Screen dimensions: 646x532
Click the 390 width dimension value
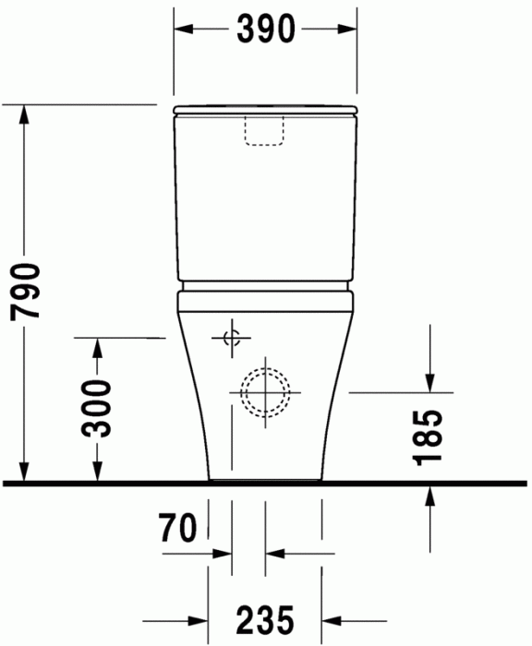click(x=264, y=30)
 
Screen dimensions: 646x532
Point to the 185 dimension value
click(x=430, y=435)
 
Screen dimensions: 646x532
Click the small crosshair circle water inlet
click(x=231, y=338)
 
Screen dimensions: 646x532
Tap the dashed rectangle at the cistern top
click(x=265, y=131)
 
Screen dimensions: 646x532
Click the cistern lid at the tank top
click(x=265, y=111)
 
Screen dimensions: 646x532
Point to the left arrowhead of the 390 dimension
click(x=183, y=30)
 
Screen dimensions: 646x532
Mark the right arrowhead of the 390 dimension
click(x=348, y=30)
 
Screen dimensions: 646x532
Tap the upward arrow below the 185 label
click(x=430, y=494)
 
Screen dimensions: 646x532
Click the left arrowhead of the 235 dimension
click(x=199, y=617)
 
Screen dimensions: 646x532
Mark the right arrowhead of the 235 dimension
click(x=332, y=617)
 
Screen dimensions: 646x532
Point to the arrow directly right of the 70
click(x=222, y=554)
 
